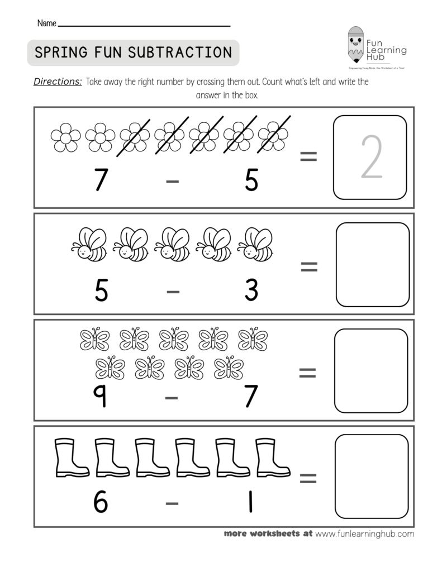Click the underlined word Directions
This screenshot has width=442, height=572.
coord(58,82)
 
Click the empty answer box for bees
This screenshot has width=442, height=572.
coord(372,264)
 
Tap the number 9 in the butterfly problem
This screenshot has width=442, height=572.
coord(101,397)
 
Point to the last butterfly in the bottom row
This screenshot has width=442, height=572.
coord(229,367)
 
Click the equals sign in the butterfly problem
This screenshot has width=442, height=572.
coord(308,373)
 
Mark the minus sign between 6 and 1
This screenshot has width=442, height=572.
coord(173,503)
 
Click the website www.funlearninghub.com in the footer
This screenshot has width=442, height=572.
coord(364,533)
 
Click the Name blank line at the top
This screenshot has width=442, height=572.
coord(144,25)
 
